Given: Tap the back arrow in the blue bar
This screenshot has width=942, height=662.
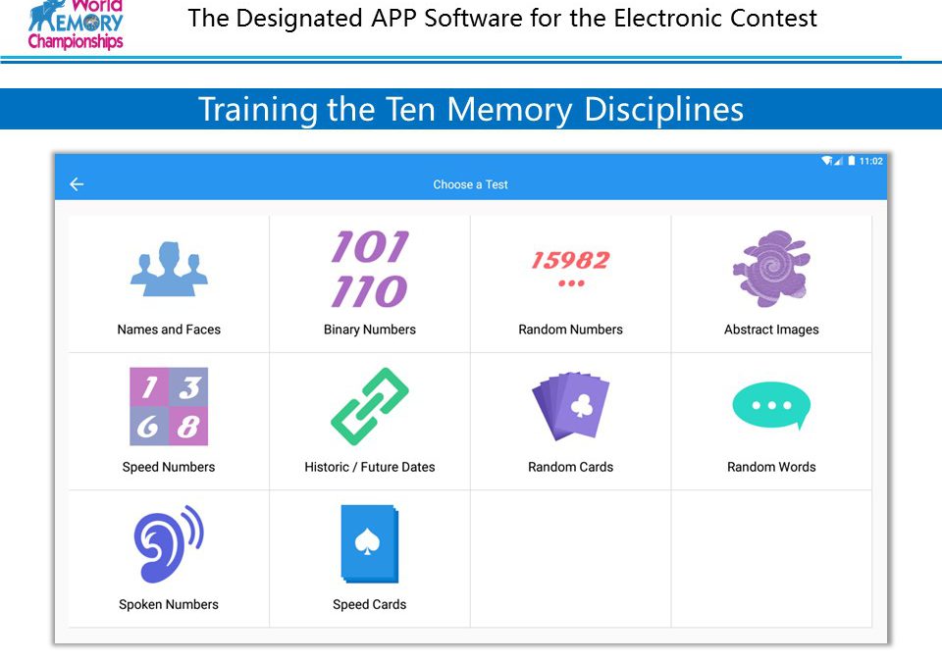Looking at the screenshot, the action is pyautogui.click(x=77, y=184).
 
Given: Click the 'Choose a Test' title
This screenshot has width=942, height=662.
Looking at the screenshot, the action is pyautogui.click(x=470, y=184).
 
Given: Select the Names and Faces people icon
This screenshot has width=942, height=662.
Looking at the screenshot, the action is pyautogui.click(x=169, y=269).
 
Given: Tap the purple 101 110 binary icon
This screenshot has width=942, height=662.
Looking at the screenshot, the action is pyautogui.click(x=370, y=269).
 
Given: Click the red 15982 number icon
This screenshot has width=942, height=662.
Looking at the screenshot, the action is pyautogui.click(x=571, y=269).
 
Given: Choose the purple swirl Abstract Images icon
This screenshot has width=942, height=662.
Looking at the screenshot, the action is pyautogui.click(x=771, y=269).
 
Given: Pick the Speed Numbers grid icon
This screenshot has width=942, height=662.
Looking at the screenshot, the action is pyautogui.click(x=169, y=407).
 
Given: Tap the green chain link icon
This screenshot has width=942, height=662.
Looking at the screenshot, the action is pyautogui.click(x=370, y=407).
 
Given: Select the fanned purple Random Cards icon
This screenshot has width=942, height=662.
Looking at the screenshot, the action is pyautogui.click(x=571, y=406).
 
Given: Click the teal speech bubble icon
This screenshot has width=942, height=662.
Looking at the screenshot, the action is pyautogui.click(x=771, y=405).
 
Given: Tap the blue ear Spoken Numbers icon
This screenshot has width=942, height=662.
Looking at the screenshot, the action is pyautogui.click(x=169, y=543).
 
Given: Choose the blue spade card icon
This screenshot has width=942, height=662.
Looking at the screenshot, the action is pyautogui.click(x=370, y=543).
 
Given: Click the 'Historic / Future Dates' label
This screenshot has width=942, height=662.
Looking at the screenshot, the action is pyautogui.click(x=370, y=467).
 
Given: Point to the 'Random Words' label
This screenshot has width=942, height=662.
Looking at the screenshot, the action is pyautogui.click(x=771, y=467).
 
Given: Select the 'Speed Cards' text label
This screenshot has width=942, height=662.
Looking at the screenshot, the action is pyautogui.click(x=370, y=604).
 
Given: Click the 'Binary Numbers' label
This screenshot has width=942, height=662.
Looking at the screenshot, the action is pyautogui.click(x=370, y=330).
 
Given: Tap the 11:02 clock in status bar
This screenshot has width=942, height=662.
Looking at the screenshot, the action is pyautogui.click(x=871, y=161).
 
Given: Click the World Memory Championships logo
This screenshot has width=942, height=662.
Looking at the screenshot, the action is pyautogui.click(x=76, y=25).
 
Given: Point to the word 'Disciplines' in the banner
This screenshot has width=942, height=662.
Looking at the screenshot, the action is pyautogui.click(x=664, y=109).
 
